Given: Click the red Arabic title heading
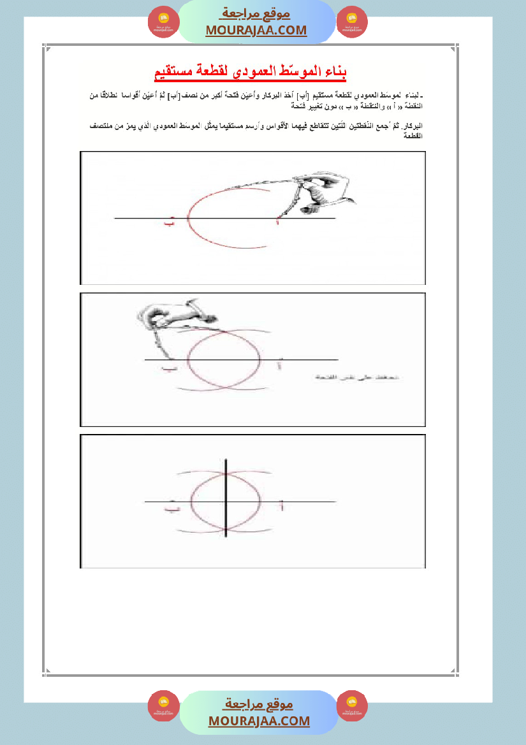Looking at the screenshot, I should click(251, 72).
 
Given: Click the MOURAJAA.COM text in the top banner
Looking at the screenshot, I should click(256, 31).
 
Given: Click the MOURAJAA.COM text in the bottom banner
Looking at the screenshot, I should click(259, 721).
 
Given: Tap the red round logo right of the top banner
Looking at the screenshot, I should click(352, 22).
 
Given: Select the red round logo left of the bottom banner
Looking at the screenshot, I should click(164, 706).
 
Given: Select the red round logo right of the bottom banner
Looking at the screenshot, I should click(352, 706).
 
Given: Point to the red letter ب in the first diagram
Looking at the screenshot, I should click(169, 223).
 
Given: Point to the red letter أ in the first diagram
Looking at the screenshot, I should click(278, 222).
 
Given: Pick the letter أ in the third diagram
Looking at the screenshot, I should click(281, 507).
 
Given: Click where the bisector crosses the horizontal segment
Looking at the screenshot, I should click(227, 502).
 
